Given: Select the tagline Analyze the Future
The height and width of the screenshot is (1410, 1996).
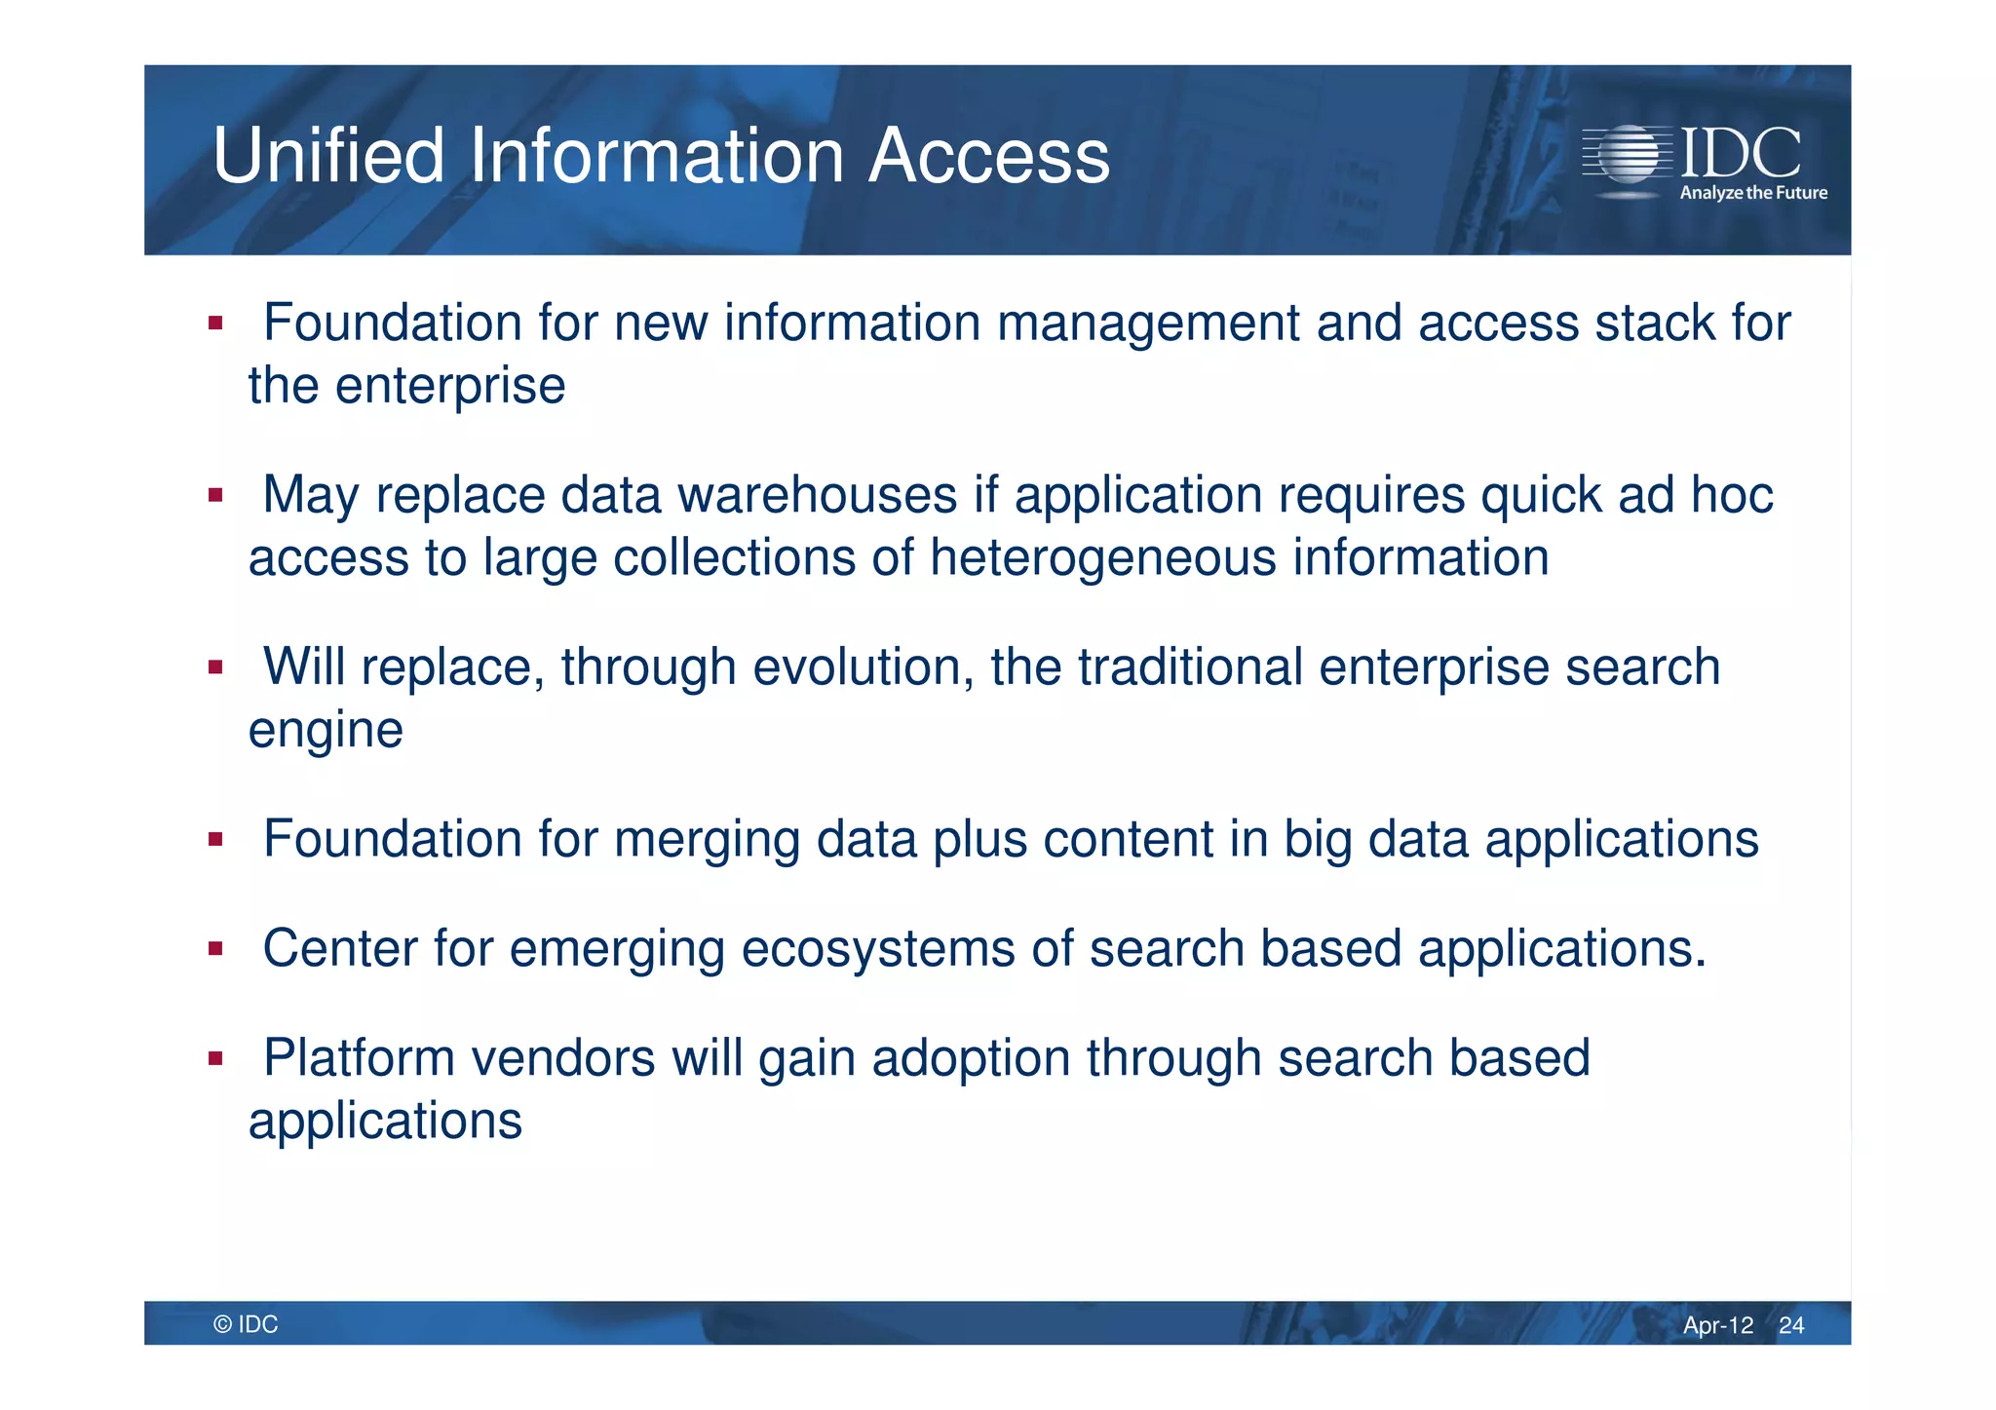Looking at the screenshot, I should [1753, 193].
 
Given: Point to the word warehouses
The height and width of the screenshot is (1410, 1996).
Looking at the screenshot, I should [817, 495].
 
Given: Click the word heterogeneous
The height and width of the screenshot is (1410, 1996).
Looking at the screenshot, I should [1103, 558].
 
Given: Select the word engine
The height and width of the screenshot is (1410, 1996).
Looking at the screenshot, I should [326, 731].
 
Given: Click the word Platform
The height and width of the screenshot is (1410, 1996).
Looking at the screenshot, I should [359, 1058].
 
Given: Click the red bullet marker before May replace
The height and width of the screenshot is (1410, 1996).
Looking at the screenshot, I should [215, 496].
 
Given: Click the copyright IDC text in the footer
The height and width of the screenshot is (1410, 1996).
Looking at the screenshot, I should [246, 1324].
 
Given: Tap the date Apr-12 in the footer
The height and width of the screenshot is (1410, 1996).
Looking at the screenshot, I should [1717, 1325].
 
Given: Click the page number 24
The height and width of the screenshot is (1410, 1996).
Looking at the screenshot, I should [1791, 1325].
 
